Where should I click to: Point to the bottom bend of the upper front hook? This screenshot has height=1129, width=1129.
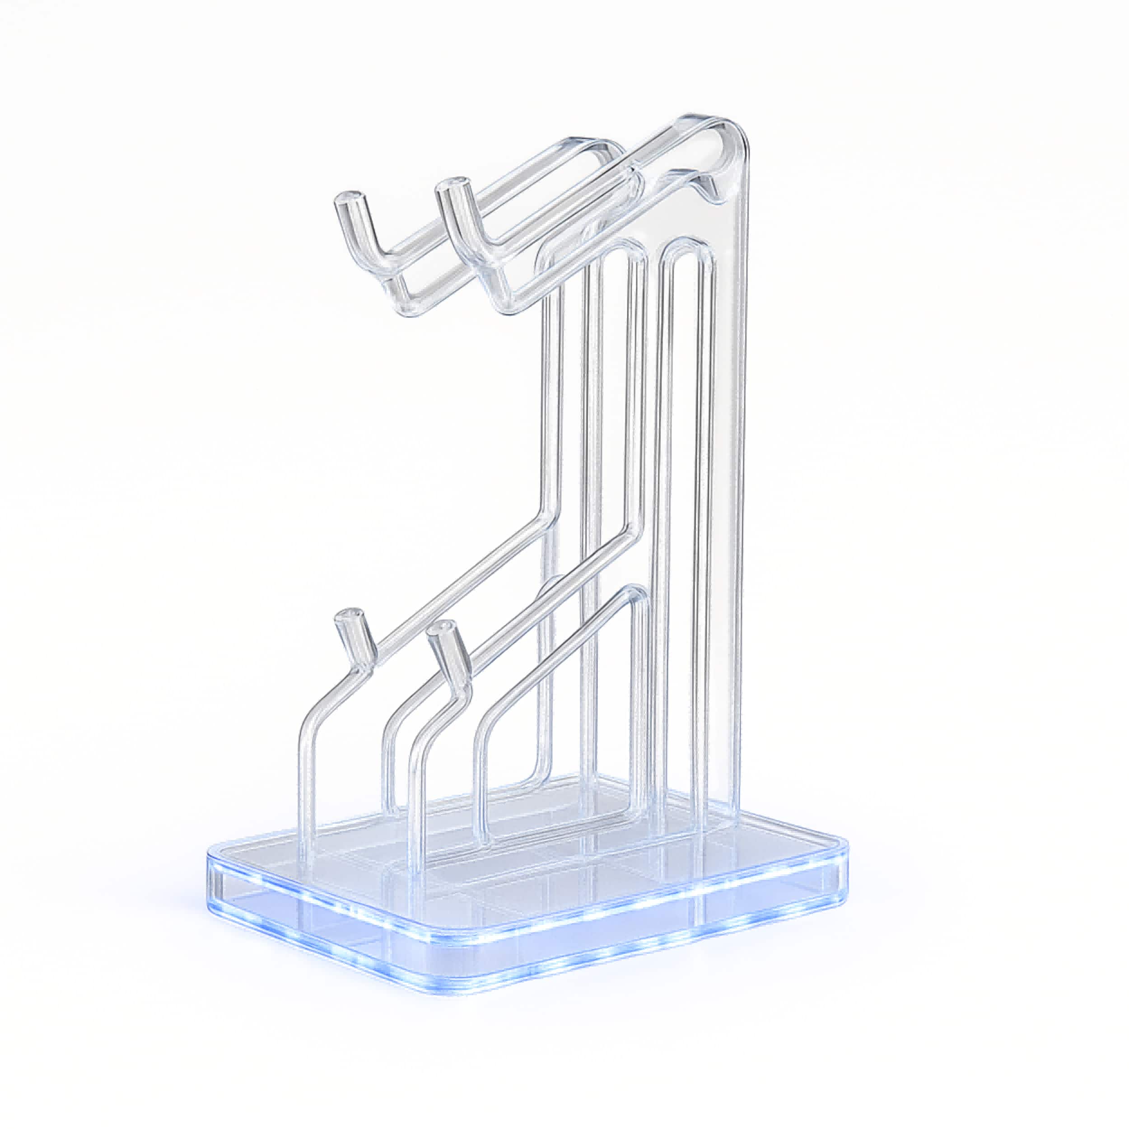click(497, 298)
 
